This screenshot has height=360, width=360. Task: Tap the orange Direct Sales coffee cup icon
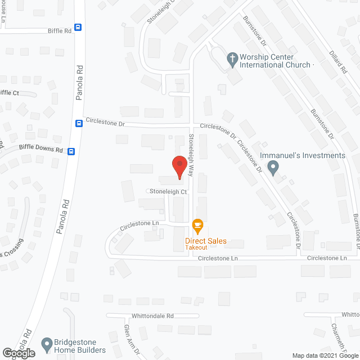197,226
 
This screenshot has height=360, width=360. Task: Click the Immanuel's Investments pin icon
273,167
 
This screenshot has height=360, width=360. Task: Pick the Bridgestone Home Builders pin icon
46,342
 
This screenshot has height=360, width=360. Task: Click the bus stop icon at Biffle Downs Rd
71,151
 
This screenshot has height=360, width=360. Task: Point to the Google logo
18,353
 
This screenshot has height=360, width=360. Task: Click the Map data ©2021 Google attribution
324,355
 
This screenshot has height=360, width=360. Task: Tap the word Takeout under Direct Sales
197,247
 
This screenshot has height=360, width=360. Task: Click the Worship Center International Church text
275,61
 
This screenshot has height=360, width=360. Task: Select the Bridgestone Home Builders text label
75,346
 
